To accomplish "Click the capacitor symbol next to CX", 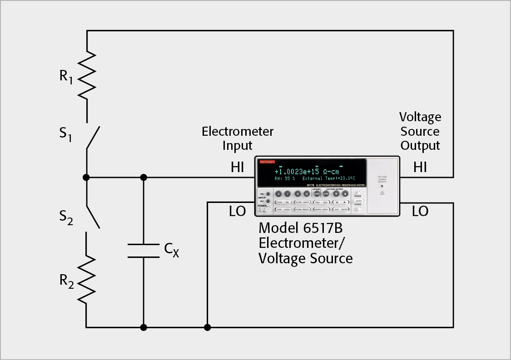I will [144, 251].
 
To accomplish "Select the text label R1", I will [66, 76].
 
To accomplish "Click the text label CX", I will [172, 250].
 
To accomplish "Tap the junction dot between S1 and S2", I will [86, 177].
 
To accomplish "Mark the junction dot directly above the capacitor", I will [144, 177].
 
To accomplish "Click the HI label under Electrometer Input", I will [238, 168].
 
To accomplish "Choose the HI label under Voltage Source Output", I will [420, 168].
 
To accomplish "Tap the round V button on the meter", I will [278, 193].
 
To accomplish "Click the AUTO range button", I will [358, 201].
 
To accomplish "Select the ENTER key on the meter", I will [344, 209].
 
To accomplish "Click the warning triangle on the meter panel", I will [382, 193].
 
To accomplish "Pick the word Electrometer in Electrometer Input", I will [238, 132].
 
